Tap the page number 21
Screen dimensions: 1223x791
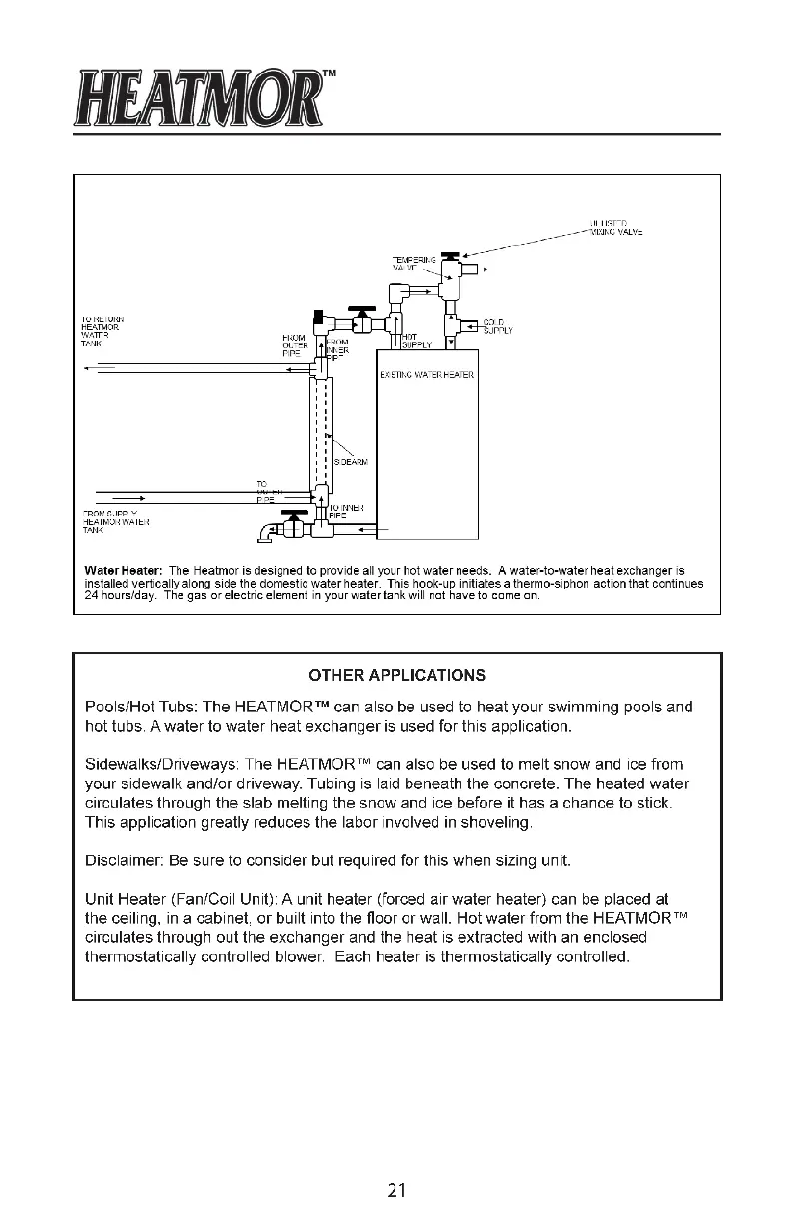tap(396, 1190)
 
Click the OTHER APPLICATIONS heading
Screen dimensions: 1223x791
tap(396, 674)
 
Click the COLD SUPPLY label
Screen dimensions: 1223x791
tap(497, 327)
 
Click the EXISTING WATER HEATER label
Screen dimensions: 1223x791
tap(425, 375)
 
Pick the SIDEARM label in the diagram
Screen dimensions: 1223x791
tap(350, 462)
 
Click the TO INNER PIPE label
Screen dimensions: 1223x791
tap(345, 511)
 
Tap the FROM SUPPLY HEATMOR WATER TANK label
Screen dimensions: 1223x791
tap(115, 521)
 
